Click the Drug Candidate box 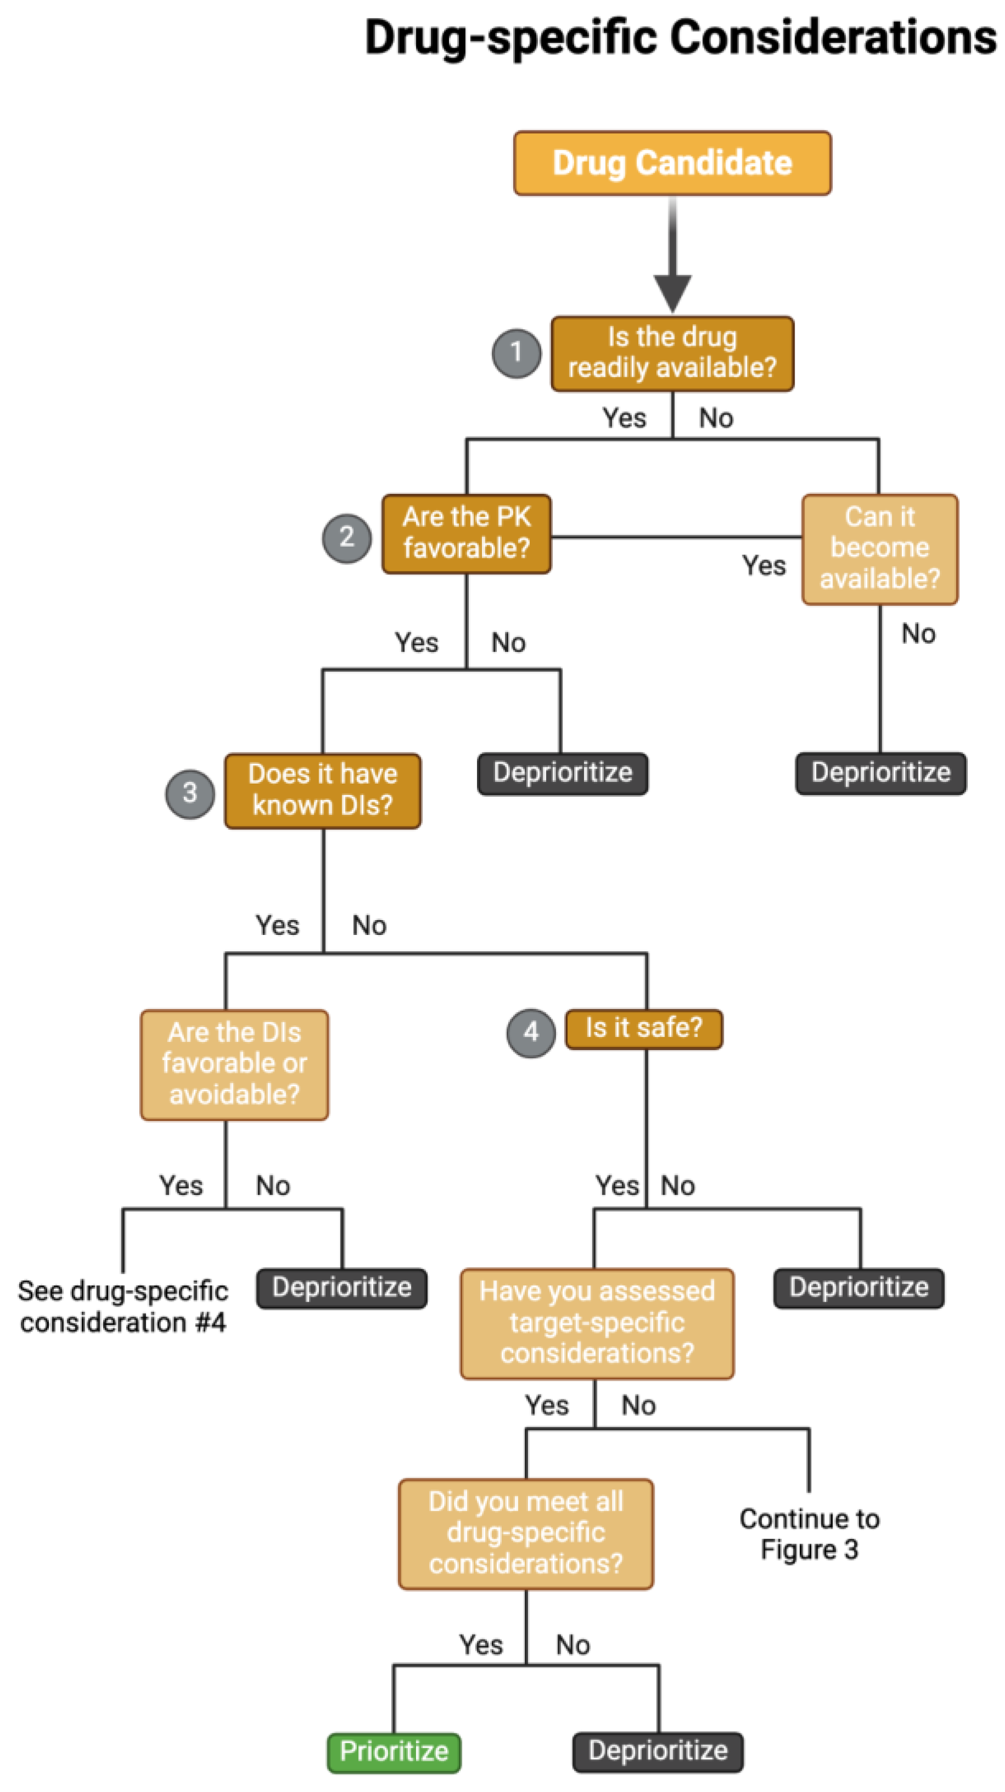[672, 163]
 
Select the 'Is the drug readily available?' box [672, 353]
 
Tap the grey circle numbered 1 [516, 353]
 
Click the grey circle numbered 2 [347, 537]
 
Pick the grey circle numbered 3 [190, 793]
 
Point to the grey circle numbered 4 [531, 1033]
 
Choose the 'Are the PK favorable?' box [466, 533]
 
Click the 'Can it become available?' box [880, 548]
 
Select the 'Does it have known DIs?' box [323, 790]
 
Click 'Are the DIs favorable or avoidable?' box [234, 1064]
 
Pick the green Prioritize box [394, 1751]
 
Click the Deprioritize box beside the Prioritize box [658, 1751]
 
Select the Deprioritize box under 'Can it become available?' [881, 773]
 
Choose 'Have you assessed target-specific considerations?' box [597, 1323]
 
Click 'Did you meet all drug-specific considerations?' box [526, 1533]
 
